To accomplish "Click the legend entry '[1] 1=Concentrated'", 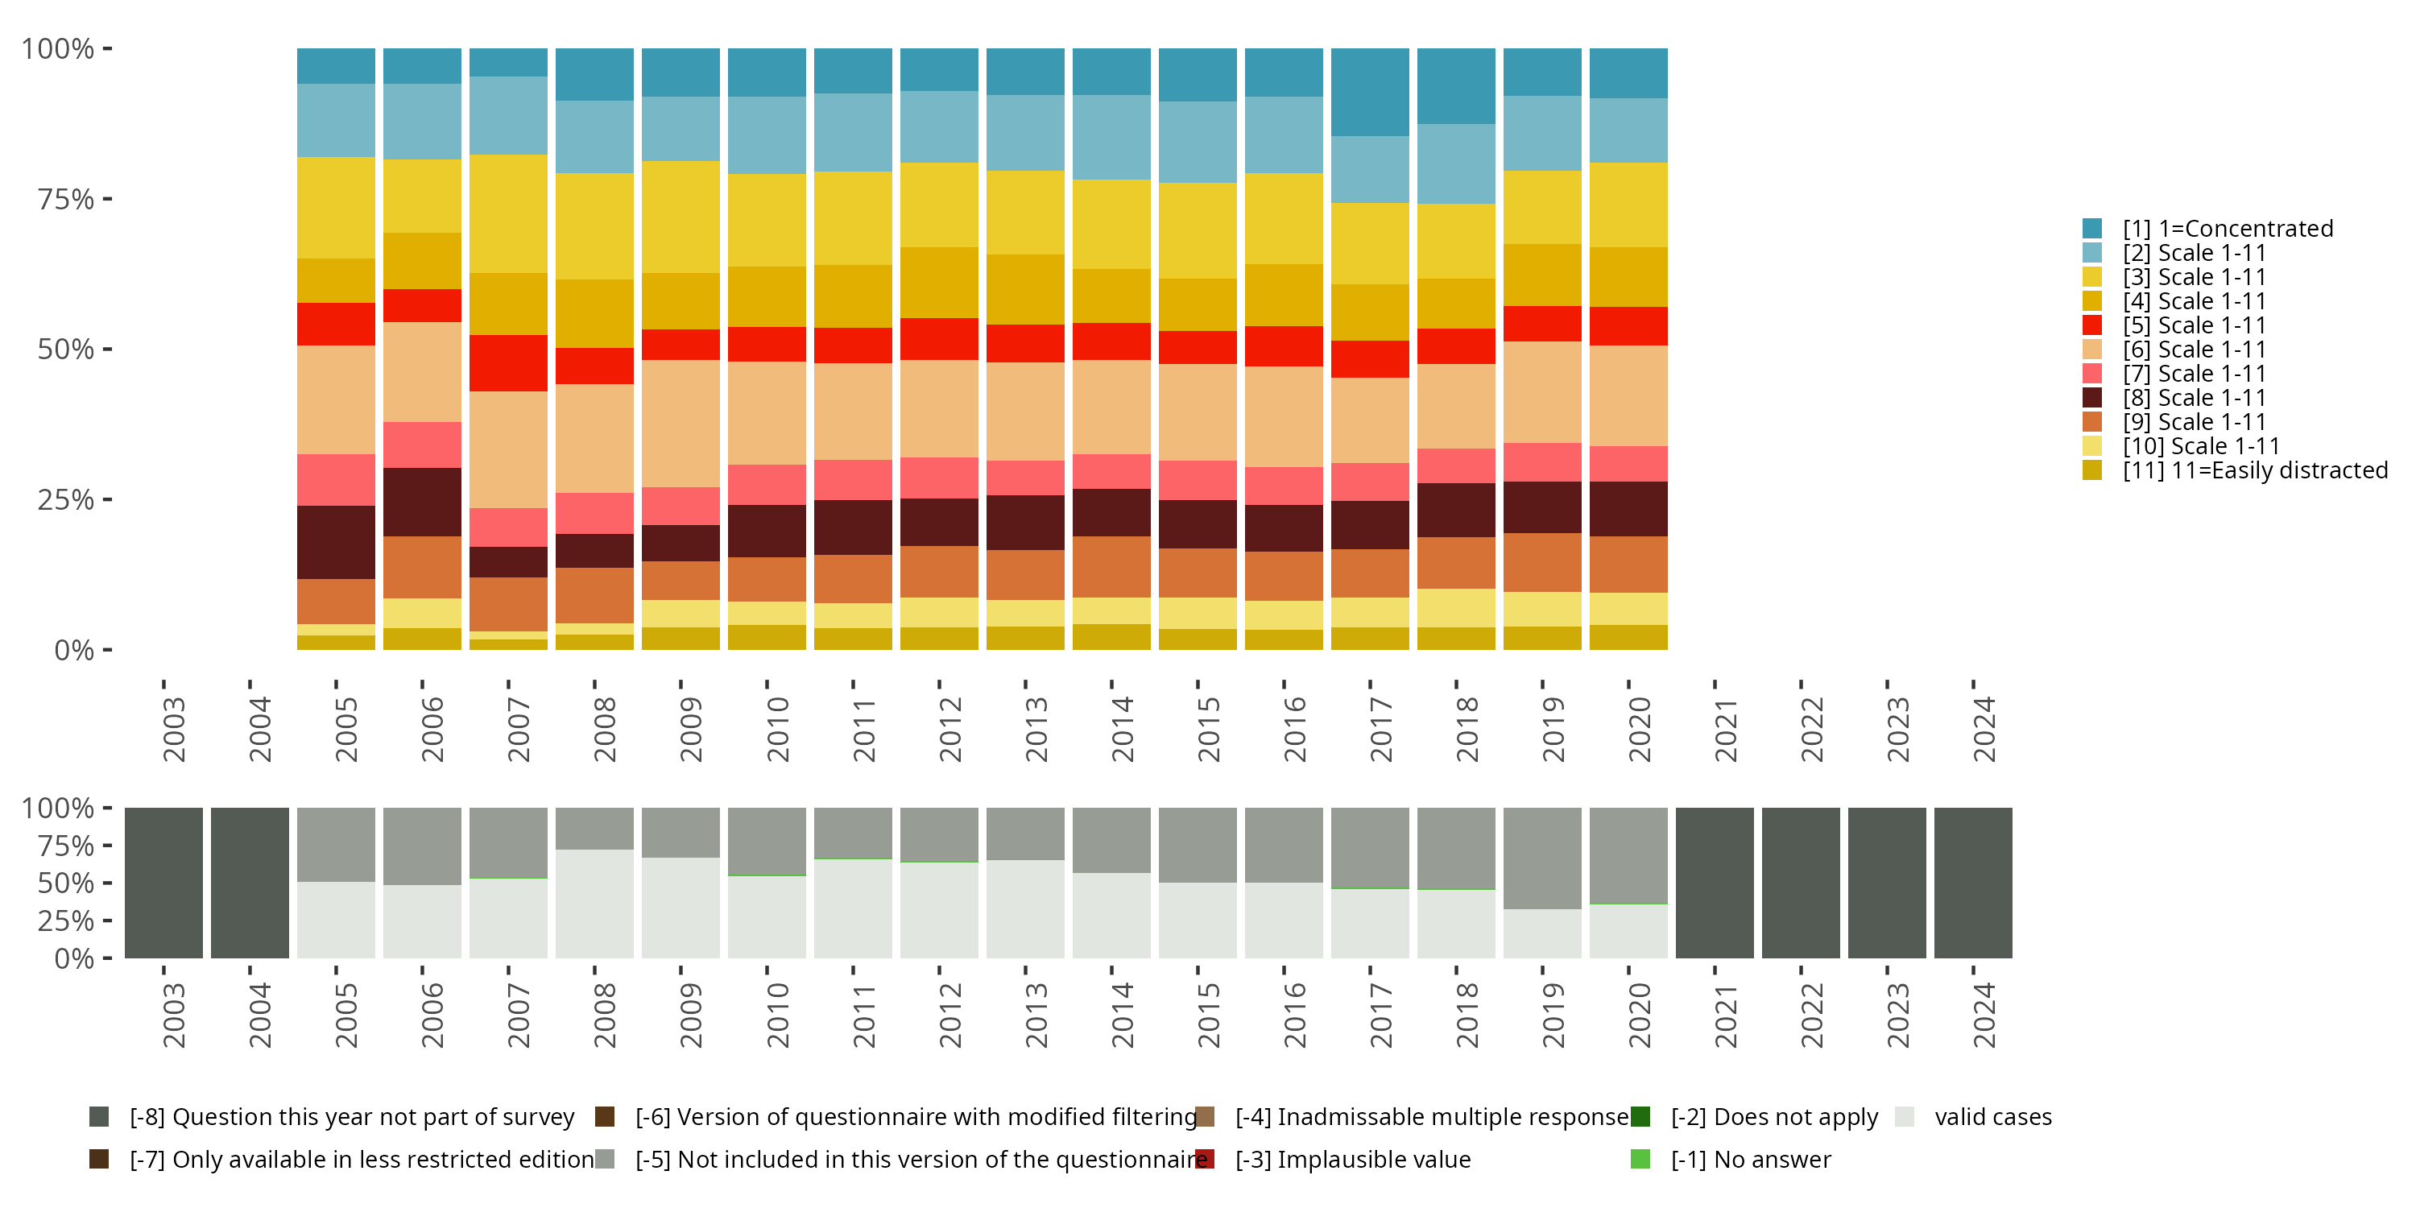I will pos(2227,229).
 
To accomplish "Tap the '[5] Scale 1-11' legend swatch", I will pos(2091,325).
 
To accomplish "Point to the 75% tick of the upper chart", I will pos(66,199).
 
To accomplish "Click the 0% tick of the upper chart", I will pos(73,650).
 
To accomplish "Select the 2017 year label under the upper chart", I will pos(1380,729).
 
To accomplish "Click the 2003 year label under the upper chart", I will pos(173,729).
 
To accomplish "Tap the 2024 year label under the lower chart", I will pos(1984,1015).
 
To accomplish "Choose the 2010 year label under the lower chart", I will pos(777,1015).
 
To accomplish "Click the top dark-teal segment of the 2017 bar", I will pos(1369,92).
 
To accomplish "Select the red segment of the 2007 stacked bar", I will pos(508,363).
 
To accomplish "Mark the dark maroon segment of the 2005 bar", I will pos(336,542).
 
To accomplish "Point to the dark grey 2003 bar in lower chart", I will pos(164,883).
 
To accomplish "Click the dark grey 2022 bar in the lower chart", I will pos(1801,883).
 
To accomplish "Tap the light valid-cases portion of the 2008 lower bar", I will pos(594,904).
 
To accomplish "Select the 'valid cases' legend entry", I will pos(1992,1117).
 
